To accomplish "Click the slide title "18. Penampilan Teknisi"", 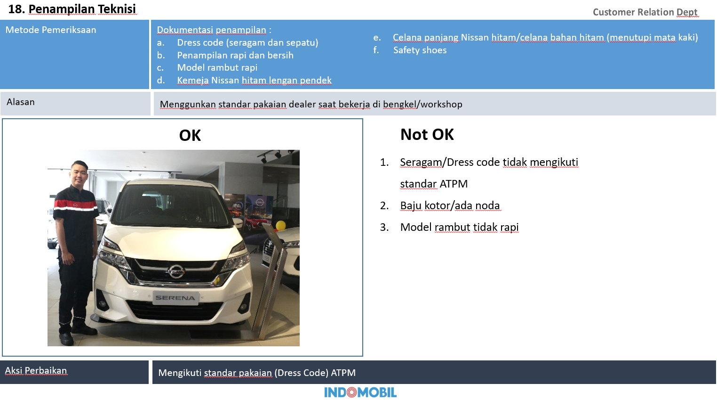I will [72, 9].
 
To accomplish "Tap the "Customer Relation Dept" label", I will [645, 12].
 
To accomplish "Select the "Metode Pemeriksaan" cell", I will [51, 30].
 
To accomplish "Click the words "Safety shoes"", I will [420, 50].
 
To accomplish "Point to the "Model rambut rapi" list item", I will [217, 68].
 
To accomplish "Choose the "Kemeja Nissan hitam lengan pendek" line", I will [254, 81].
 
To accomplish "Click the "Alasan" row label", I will [21, 102].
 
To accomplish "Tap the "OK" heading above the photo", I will [190, 136].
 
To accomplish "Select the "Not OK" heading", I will [427, 135].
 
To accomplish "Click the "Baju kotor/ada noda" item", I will [449, 206].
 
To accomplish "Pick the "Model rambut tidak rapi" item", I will [459, 228].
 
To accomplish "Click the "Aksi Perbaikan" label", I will [36, 371].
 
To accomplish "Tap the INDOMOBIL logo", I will [360, 392].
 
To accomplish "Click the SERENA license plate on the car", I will [175, 298].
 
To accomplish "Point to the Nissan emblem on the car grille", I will [175, 271].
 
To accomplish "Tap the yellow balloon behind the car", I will [281, 225].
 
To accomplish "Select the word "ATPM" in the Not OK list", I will [454, 184].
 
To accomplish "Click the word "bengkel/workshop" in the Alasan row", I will [422, 105].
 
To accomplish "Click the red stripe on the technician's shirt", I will [68, 204].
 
